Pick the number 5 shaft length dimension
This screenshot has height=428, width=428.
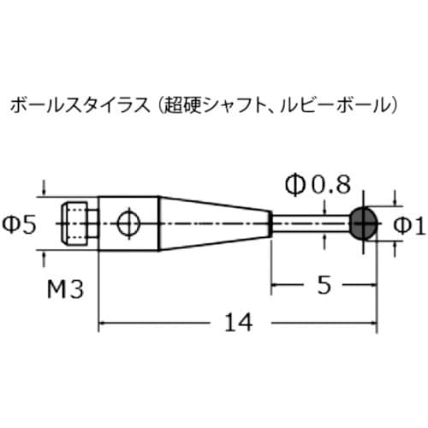click(x=323, y=286)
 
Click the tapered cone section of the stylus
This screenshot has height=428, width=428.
click(x=214, y=224)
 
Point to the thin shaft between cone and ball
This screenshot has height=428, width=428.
click(x=310, y=224)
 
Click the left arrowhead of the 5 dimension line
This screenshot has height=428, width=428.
click(x=276, y=286)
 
